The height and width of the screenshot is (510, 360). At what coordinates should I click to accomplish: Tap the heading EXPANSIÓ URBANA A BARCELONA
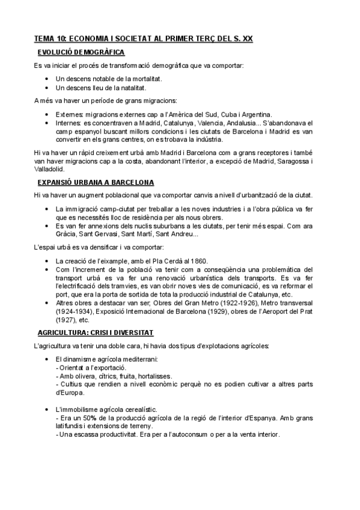click(x=95, y=182)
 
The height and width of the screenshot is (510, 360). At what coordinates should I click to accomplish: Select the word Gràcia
click(x=66, y=234)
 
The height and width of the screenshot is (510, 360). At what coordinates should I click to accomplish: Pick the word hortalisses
click(x=153, y=375)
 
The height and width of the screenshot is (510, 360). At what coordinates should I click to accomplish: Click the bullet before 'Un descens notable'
click(x=46, y=79)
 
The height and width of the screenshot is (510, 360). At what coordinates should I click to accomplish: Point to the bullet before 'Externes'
click(x=46, y=114)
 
